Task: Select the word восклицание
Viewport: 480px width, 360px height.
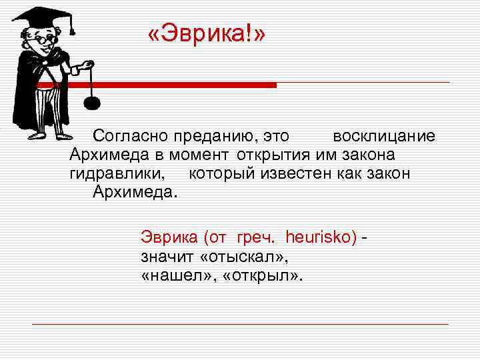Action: click(x=384, y=137)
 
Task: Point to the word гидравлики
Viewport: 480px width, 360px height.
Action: click(x=117, y=174)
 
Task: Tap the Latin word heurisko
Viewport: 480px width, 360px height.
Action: click(x=321, y=237)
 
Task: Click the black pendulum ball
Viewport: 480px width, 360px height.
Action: click(x=92, y=103)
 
